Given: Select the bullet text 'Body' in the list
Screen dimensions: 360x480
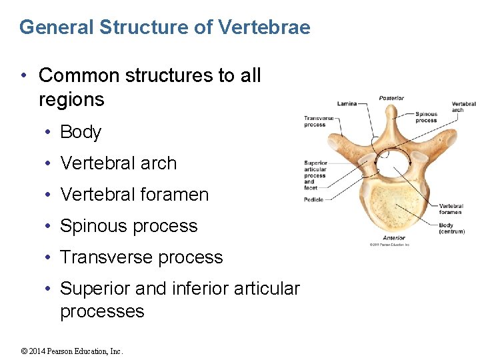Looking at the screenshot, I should coord(81,132).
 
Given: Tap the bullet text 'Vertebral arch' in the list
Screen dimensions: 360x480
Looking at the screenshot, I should coord(119,163).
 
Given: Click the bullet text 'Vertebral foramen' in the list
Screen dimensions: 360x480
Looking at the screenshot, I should coord(135,195).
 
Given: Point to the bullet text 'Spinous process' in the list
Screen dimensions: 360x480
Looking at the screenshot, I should coord(129,226).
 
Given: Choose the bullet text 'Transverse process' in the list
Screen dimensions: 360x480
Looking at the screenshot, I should coord(141,257).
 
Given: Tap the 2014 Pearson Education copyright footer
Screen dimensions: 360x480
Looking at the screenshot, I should coord(73,351).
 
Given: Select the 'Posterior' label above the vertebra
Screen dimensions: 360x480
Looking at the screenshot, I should coord(391,98).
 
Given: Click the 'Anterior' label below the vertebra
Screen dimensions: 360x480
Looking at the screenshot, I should coord(393,238).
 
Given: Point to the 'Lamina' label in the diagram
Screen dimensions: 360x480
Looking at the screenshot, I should coord(347,103).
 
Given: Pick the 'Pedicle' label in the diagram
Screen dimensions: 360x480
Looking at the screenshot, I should coord(313,199).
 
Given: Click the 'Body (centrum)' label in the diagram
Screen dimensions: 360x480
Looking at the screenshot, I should coord(451,228).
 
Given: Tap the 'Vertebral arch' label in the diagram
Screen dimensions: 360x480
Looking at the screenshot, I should coord(463,107).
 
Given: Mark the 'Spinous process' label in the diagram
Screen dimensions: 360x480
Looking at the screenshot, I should coord(426,117).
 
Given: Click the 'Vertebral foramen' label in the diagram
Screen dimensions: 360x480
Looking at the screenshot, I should coord(451,209).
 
